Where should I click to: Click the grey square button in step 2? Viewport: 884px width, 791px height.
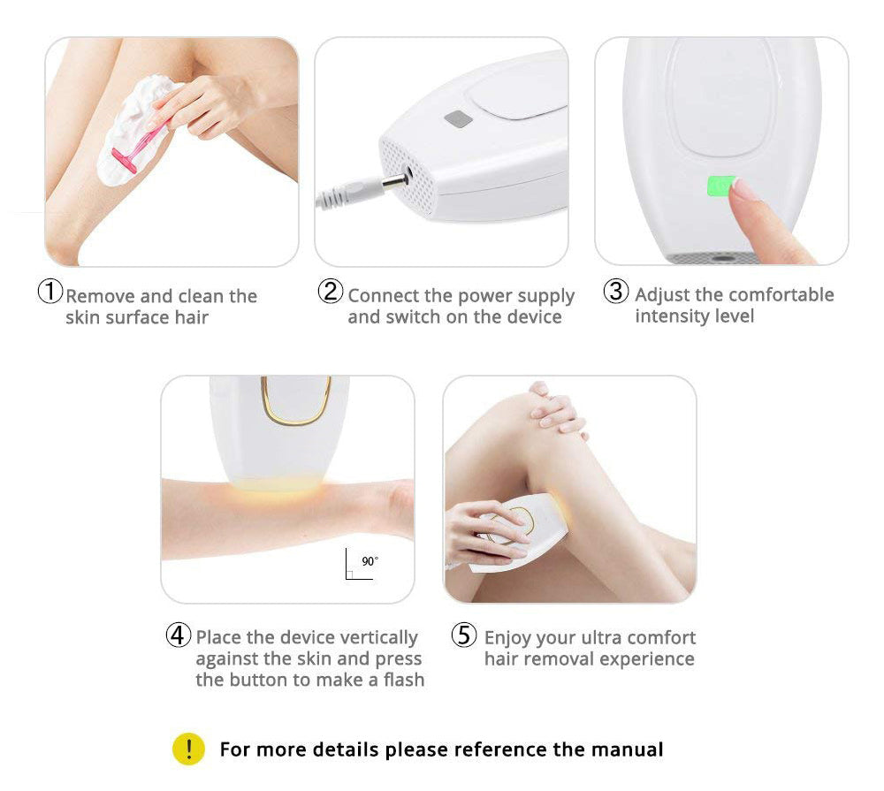pos(458,119)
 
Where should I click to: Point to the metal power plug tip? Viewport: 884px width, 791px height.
pos(397,181)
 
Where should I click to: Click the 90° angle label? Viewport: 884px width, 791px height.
pos(370,561)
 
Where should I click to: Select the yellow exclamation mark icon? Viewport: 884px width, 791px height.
pos(188,749)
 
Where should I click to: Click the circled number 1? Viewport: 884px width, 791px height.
pos(50,292)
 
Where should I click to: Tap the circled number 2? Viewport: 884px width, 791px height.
pos(331,291)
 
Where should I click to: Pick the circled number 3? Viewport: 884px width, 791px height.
pos(615,291)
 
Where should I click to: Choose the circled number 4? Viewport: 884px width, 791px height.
pos(179,635)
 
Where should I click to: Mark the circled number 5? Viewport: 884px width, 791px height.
pos(464,635)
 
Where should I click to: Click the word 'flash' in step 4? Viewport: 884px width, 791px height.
pos(404,680)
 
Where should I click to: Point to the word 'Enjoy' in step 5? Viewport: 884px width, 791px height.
pos(507,638)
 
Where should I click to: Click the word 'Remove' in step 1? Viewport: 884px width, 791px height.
pos(100,296)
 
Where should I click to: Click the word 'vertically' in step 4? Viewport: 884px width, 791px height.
pos(379,637)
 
